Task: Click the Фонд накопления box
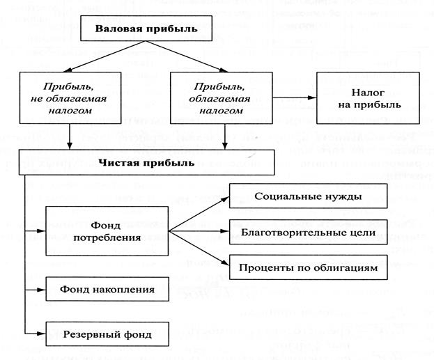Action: (x=107, y=288)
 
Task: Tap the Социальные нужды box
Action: (x=308, y=197)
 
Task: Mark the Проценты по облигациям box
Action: (x=308, y=268)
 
